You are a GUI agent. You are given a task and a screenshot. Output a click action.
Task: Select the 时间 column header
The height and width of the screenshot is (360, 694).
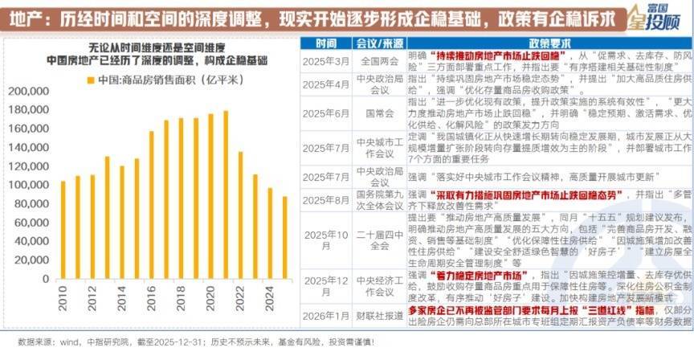click(326, 43)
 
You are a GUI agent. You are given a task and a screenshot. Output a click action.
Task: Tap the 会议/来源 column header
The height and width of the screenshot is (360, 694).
click(374, 43)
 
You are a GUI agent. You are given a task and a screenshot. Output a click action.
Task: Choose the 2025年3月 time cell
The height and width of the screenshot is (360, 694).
click(326, 61)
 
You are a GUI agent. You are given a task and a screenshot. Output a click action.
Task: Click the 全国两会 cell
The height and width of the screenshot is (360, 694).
click(374, 61)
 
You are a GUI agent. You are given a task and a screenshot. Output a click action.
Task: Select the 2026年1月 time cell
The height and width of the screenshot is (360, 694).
click(326, 315)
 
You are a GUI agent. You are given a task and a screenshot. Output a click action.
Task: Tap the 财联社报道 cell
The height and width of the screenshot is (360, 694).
click(374, 315)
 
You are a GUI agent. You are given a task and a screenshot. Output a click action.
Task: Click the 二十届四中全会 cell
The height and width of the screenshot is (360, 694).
click(374, 239)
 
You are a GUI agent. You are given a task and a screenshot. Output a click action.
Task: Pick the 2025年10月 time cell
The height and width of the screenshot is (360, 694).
click(326, 239)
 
